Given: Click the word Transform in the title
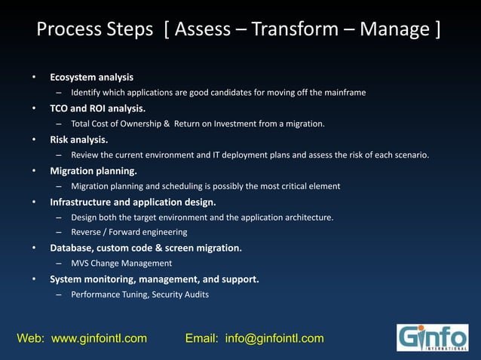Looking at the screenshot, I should click(x=300, y=30).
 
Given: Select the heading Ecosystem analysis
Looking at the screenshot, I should click(x=91, y=77).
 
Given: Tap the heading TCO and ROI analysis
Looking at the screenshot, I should click(x=98, y=108).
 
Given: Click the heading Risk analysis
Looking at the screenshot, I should click(x=78, y=139).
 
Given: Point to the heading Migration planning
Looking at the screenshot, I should click(x=93, y=170).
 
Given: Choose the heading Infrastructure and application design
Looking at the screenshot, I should click(x=133, y=202).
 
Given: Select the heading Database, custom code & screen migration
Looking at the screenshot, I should click(x=146, y=248).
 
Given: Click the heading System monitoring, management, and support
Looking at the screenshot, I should click(x=155, y=279).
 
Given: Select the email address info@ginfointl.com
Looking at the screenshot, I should click(x=274, y=338).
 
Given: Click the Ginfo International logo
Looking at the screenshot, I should click(x=432, y=337).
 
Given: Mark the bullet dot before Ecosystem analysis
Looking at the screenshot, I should click(x=33, y=78).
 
